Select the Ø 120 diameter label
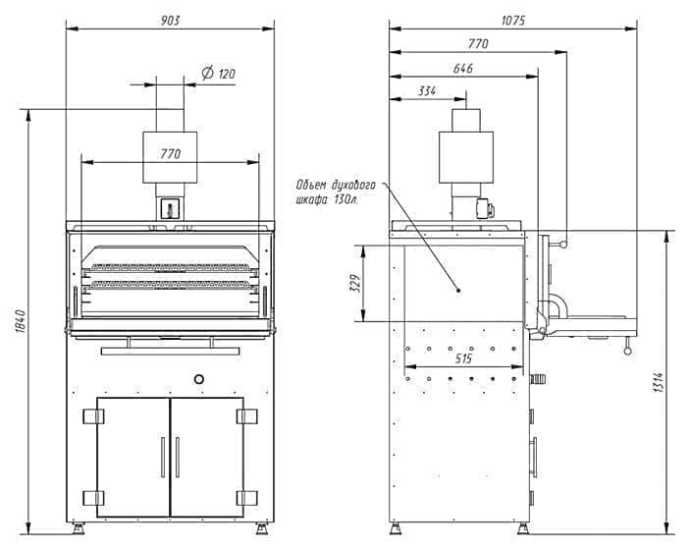point(219,74)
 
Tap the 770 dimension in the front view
point(172,153)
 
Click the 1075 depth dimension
point(511,20)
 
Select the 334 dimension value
point(427,91)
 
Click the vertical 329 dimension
point(357,284)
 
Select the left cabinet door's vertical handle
point(163,457)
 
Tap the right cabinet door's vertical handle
point(179,457)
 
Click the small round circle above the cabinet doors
point(199,378)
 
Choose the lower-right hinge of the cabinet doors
point(247,497)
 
